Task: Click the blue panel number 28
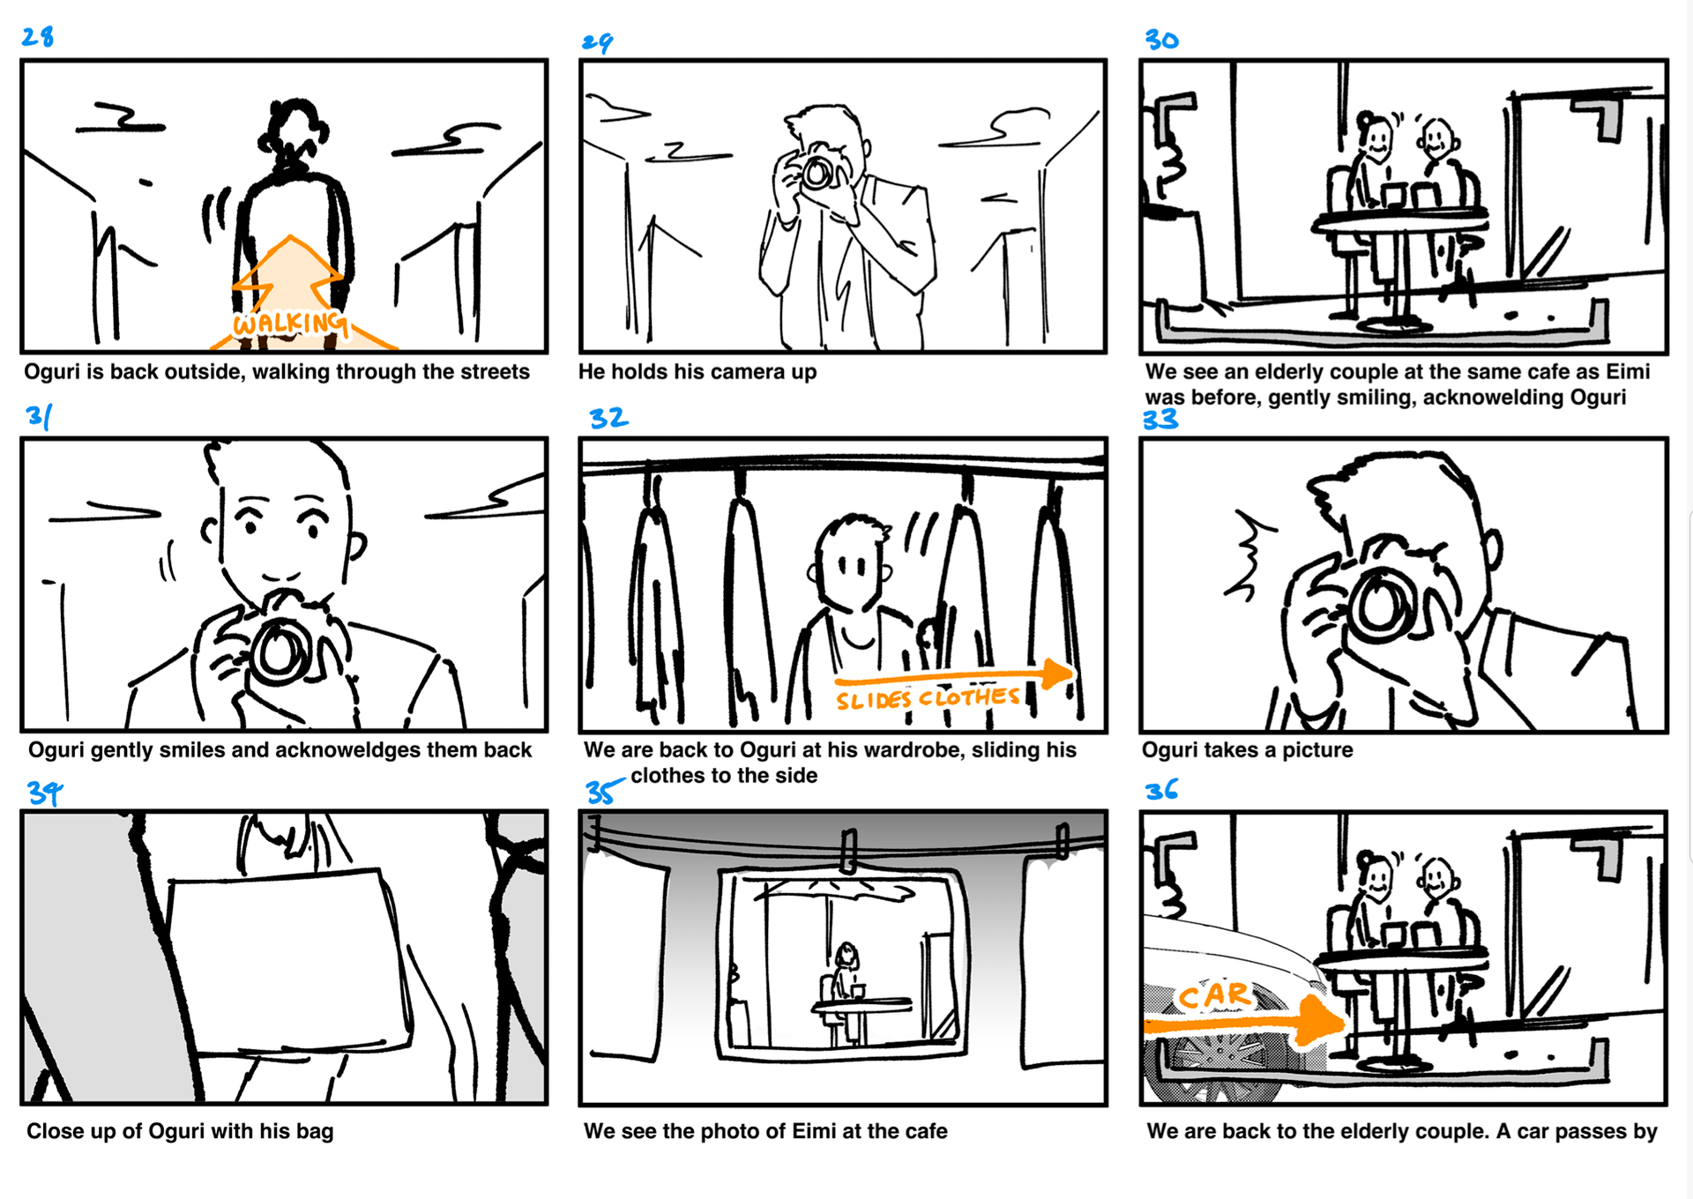[x=38, y=36]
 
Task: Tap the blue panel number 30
[x=1161, y=40]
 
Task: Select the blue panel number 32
[x=608, y=417]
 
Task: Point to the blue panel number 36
[x=1161, y=789]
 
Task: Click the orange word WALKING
[x=289, y=323]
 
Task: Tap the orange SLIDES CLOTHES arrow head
[x=1057, y=673]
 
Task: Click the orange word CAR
[x=1214, y=995]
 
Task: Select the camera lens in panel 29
[x=817, y=173]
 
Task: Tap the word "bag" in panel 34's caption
[x=315, y=1132]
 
